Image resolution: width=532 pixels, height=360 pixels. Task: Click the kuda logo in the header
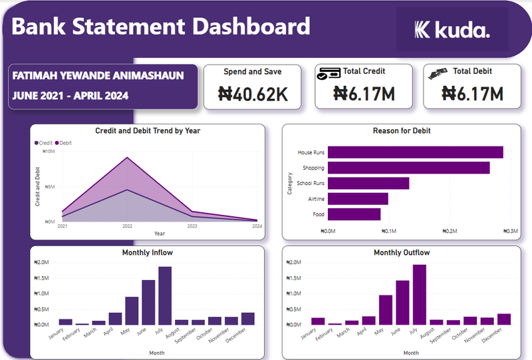[x=452, y=29]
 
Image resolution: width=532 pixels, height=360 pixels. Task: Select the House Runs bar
[x=415, y=152]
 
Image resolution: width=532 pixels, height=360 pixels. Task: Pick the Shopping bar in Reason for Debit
[x=408, y=168]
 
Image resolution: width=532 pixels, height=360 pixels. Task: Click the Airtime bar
[x=358, y=199]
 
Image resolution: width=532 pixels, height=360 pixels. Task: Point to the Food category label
[x=319, y=214]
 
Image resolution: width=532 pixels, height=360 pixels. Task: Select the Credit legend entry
[x=44, y=143]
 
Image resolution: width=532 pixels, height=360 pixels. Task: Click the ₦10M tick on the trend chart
[x=49, y=152]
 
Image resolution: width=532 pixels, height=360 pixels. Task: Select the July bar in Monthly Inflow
[x=165, y=295]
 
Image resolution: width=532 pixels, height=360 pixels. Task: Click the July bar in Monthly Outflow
[x=419, y=294]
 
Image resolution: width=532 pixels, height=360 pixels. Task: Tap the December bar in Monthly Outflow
[x=504, y=319]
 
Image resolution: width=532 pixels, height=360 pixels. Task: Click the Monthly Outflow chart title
[x=402, y=253]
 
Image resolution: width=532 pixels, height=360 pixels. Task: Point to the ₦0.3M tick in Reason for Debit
[x=511, y=231]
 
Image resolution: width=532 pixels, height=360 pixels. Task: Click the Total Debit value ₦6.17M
[x=472, y=94]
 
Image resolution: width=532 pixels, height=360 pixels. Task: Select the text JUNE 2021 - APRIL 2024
[x=70, y=96]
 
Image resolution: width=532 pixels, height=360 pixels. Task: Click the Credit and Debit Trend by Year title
[x=148, y=131]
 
